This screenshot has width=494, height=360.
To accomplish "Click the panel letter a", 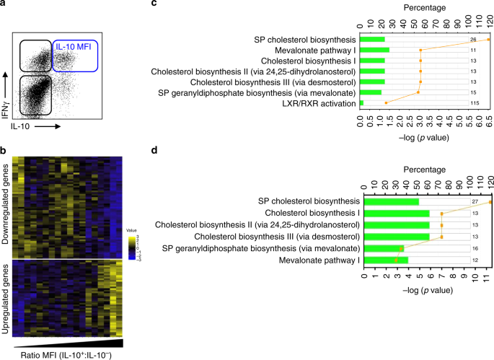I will tap(4, 4).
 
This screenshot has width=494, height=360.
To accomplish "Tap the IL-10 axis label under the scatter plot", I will tap(26, 126).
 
